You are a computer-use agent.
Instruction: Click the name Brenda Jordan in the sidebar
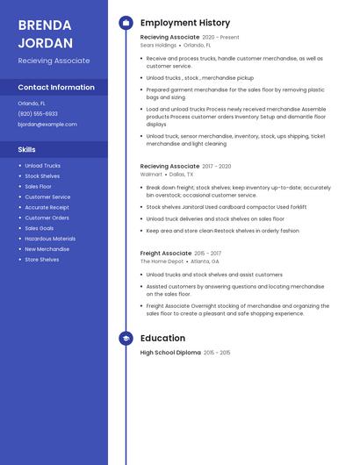[x=45, y=32]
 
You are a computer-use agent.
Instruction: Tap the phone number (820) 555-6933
[x=38, y=113]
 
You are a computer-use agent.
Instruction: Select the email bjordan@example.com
[x=47, y=125]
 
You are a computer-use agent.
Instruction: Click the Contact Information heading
[x=56, y=88]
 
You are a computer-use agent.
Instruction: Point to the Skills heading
[x=27, y=150]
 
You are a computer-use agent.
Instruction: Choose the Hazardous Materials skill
[x=50, y=239]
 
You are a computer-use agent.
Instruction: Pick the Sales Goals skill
[x=40, y=228]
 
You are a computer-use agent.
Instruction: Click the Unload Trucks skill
[x=42, y=166]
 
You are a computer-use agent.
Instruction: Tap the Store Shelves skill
[x=42, y=260]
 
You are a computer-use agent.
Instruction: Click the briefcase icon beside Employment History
[x=126, y=23]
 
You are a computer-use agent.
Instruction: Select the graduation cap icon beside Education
[x=126, y=339]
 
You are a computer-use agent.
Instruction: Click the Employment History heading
[x=185, y=23]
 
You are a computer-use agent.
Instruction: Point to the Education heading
[x=162, y=339]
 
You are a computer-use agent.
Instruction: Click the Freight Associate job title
[x=166, y=254]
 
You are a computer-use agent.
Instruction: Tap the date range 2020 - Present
[x=220, y=38]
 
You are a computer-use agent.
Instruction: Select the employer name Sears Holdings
[x=158, y=45]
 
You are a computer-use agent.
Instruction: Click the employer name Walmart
[x=151, y=175]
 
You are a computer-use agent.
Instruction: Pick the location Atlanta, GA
[x=205, y=261]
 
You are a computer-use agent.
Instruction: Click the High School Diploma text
[x=170, y=353]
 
